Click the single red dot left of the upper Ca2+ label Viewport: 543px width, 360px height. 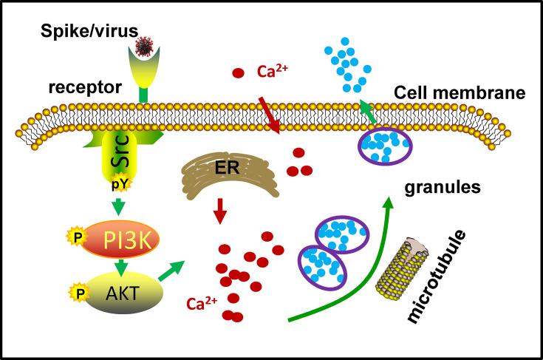[x=239, y=73]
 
